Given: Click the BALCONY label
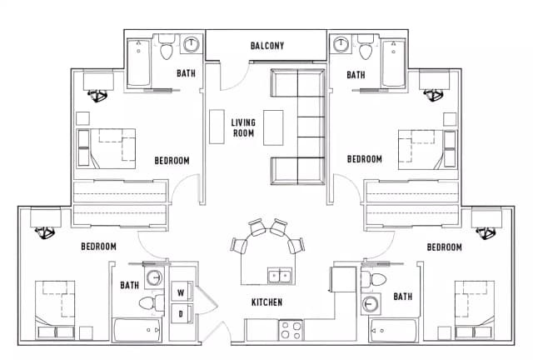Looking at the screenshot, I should click(267, 46).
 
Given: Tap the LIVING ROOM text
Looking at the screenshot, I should click(243, 128).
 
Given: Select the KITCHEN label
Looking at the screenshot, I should click(267, 302).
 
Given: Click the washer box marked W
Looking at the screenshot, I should click(181, 292).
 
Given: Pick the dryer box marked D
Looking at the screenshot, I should click(181, 313).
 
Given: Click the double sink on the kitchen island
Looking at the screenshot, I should click(279, 274).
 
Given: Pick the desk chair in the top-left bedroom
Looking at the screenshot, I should click(100, 95).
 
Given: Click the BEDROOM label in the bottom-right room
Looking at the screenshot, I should click(444, 247).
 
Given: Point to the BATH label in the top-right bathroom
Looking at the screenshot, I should click(356, 75).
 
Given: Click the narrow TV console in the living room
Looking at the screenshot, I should click(217, 127).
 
